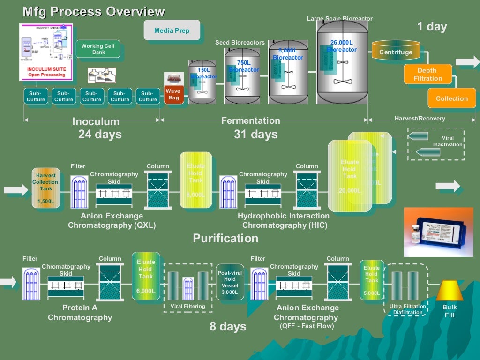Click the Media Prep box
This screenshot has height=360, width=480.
point(172,31)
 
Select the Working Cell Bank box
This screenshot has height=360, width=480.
point(98,49)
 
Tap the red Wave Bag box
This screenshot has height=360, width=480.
point(173,94)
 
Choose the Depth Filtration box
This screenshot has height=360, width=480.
point(427,75)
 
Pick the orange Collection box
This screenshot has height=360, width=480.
point(451,98)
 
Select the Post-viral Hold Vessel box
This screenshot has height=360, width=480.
point(230,282)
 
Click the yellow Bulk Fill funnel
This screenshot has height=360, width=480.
point(449,291)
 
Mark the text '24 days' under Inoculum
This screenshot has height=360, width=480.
point(100,135)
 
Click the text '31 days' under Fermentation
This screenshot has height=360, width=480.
point(255,135)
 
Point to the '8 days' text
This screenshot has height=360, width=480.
point(228,326)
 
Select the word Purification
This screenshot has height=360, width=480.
point(225,238)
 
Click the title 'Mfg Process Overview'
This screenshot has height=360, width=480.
point(94,12)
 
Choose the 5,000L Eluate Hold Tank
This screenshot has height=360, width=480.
point(372,281)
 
